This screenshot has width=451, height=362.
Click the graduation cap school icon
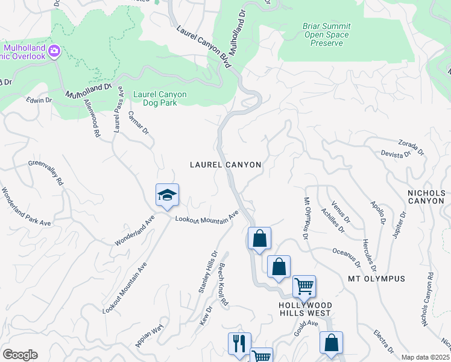(x=167, y=195)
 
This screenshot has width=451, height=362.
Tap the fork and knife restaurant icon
(x=239, y=343)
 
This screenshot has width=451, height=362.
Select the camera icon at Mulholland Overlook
(x=54, y=51)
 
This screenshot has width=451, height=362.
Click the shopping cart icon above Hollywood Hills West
(x=304, y=287)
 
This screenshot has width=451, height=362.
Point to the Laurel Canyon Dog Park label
(x=160, y=98)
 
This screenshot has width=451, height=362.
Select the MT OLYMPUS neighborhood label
(x=377, y=279)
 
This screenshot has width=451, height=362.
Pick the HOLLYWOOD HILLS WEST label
(x=304, y=309)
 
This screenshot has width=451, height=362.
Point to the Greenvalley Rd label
(x=46, y=173)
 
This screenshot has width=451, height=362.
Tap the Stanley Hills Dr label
(x=208, y=272)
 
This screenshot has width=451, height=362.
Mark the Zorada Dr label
(x=412, y=146)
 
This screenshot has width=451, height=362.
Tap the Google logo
(x=20, y=355)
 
